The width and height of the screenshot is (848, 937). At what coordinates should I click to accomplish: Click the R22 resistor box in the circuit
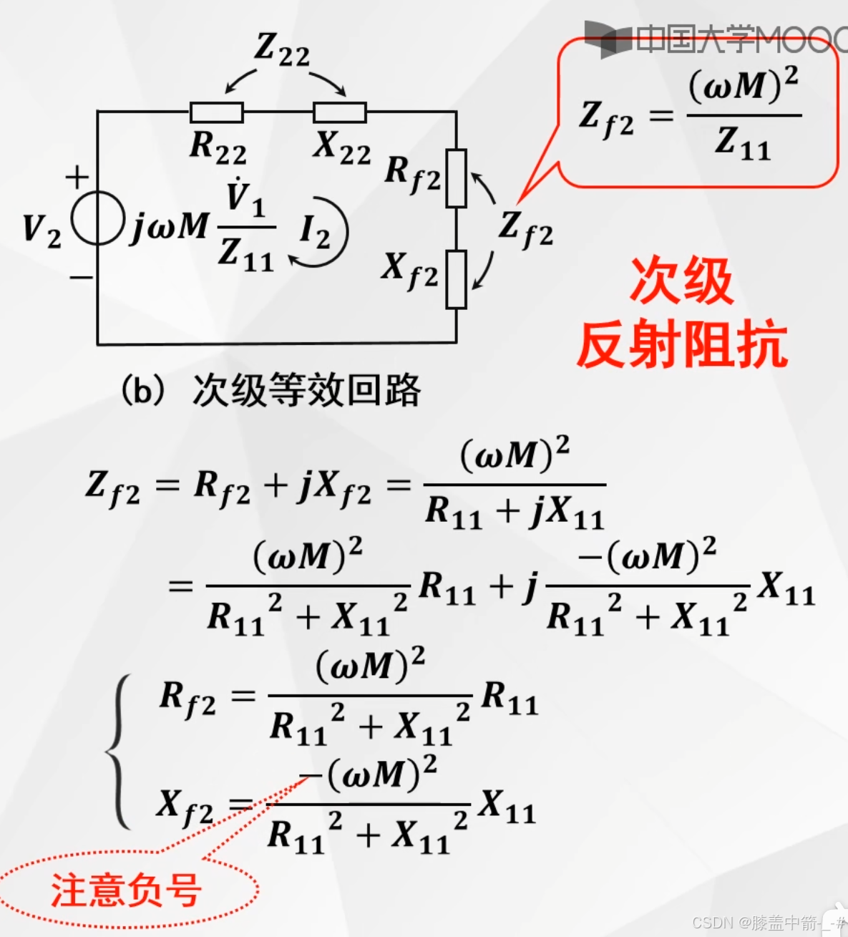point(216,112)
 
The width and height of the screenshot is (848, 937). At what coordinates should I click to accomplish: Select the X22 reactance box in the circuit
point(340,112)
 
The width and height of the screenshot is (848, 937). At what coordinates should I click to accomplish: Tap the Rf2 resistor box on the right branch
point(456,178)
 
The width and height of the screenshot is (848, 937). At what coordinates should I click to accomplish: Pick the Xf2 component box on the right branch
point(456,279)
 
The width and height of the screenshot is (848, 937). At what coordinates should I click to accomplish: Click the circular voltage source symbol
point(97,218)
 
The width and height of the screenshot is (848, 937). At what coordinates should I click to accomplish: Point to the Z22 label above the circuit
point(282,50)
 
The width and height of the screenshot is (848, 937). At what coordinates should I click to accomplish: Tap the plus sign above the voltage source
point(77,177)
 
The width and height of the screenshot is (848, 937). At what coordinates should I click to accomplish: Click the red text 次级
point(681,281)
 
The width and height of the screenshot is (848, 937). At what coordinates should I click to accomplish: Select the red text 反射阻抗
point(682,344)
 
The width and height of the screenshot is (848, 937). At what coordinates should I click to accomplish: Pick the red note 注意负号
point(126,890)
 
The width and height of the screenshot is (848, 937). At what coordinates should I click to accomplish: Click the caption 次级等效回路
point(306,391)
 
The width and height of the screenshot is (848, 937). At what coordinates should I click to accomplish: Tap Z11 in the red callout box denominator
point(743,142)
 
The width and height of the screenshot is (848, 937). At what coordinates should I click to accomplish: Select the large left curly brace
point(119,751)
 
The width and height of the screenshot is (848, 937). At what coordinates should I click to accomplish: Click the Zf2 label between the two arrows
point(526,228)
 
